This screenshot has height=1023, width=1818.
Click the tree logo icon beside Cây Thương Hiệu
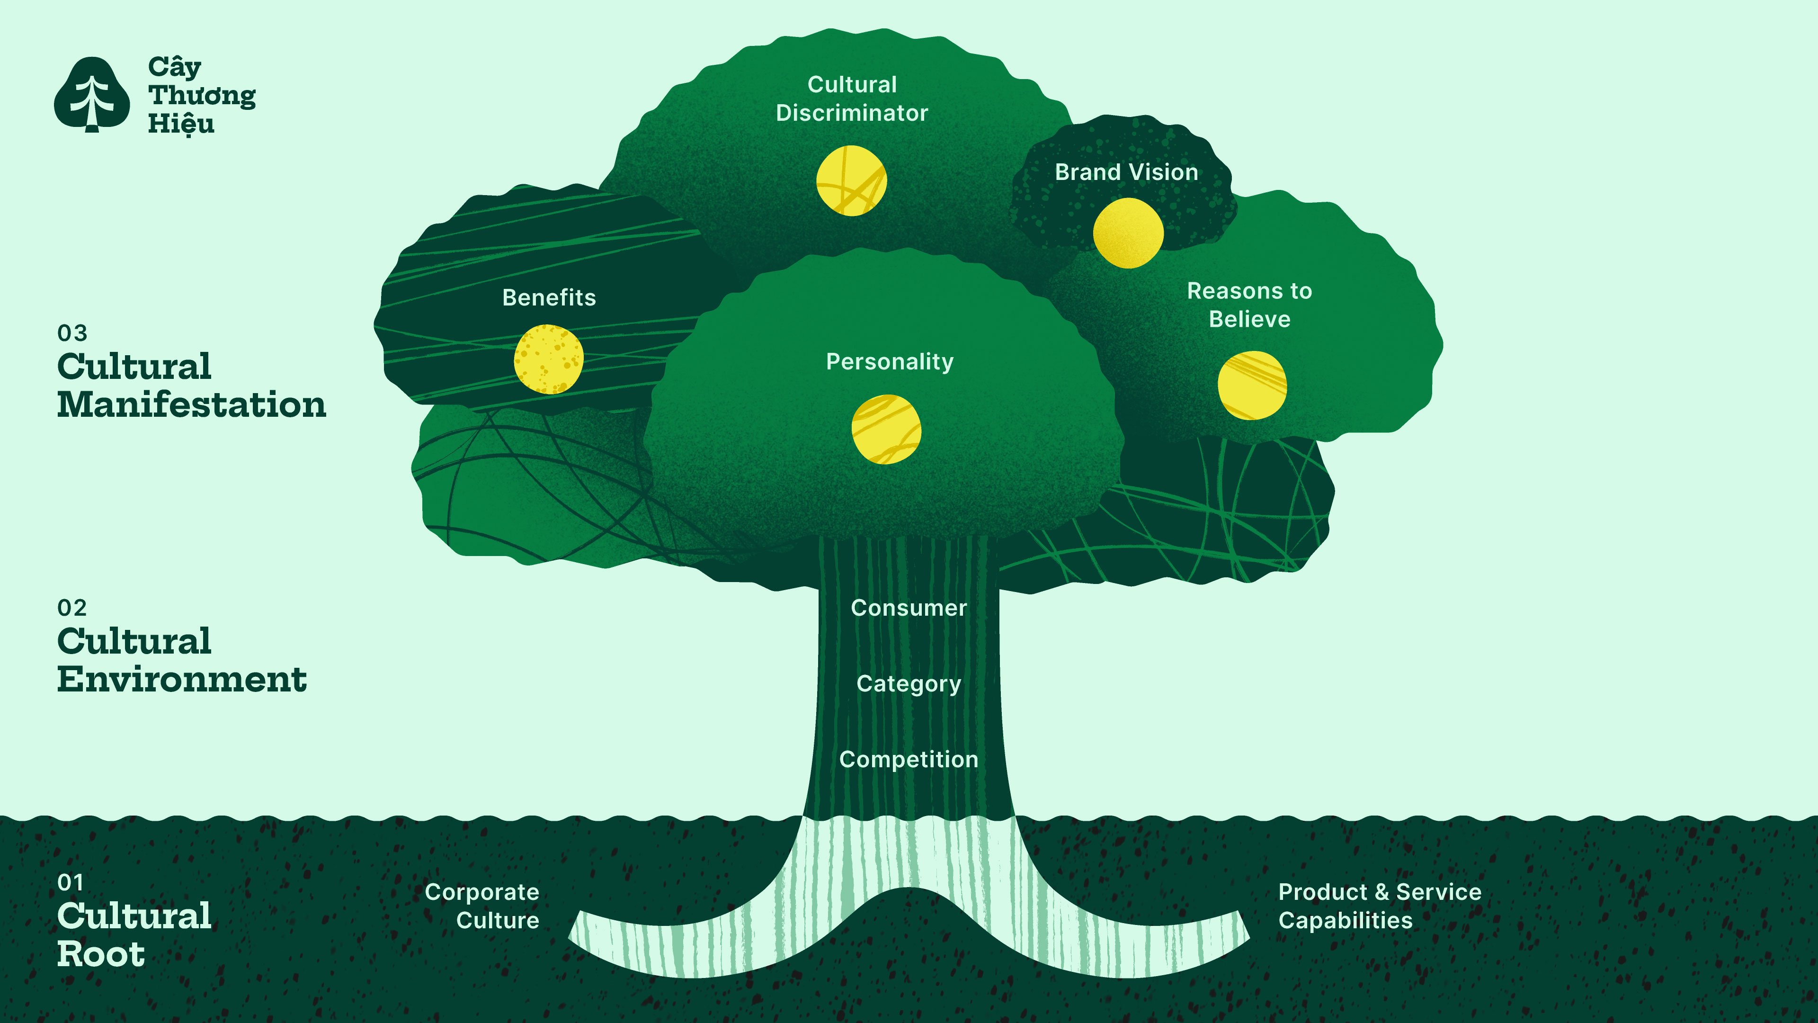92,95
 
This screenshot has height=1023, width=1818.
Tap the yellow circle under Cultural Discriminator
851,181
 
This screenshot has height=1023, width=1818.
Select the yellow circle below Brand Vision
1128,233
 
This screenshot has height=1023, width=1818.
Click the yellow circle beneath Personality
886,429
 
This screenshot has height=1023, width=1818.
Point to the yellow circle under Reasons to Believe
1252,386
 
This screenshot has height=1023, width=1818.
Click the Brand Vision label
1126,172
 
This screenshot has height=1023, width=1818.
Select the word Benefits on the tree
549,298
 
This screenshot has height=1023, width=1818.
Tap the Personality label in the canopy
890,361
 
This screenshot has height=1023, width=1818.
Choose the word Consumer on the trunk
909,608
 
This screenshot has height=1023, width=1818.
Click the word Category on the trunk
909,683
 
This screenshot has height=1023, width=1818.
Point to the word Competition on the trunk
909,760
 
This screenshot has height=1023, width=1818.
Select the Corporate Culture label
483,906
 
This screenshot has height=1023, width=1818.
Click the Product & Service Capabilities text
1379,906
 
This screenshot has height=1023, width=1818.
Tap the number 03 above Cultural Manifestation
72,333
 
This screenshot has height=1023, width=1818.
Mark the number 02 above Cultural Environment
72,608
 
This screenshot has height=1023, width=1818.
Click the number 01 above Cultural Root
71,882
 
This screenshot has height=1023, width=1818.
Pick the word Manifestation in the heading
192,405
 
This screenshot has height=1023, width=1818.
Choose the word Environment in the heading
182,680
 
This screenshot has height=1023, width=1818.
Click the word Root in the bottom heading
101,954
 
